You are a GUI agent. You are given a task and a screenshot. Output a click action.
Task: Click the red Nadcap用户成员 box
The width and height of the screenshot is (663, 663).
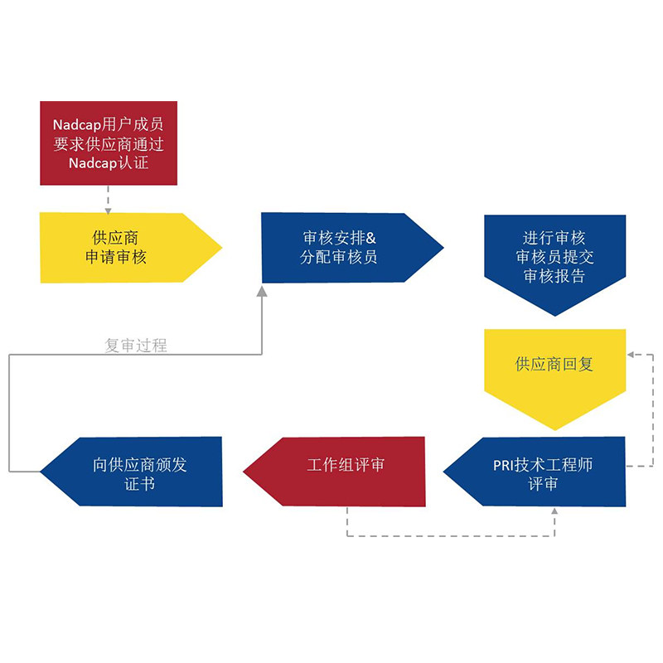tap(108, 143)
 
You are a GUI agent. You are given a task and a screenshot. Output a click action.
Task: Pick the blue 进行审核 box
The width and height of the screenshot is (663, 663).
tap(554, 257)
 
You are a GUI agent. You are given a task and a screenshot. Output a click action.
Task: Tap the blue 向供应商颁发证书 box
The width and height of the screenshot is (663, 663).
tap(137, 472)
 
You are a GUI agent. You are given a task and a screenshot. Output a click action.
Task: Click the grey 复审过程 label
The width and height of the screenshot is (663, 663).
tap(136, 346)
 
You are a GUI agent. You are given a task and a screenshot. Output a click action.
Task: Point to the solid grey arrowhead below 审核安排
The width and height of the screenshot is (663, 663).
tap(262, 290)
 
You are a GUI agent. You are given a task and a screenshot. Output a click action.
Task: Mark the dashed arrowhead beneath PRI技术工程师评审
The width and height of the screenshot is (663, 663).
tap(554, 513)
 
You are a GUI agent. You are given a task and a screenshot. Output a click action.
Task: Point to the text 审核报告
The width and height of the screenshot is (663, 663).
tap(554, 277)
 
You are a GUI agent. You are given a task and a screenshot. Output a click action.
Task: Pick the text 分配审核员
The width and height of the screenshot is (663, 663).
tap(339, 257)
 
